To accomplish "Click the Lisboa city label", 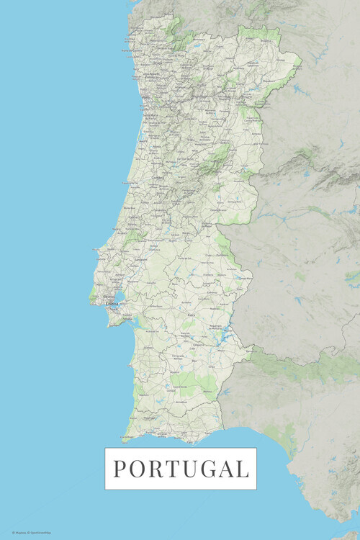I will pos(112,304).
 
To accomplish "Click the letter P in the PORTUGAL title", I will pos(120,469).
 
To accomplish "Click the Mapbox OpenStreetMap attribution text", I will pos(30,533).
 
